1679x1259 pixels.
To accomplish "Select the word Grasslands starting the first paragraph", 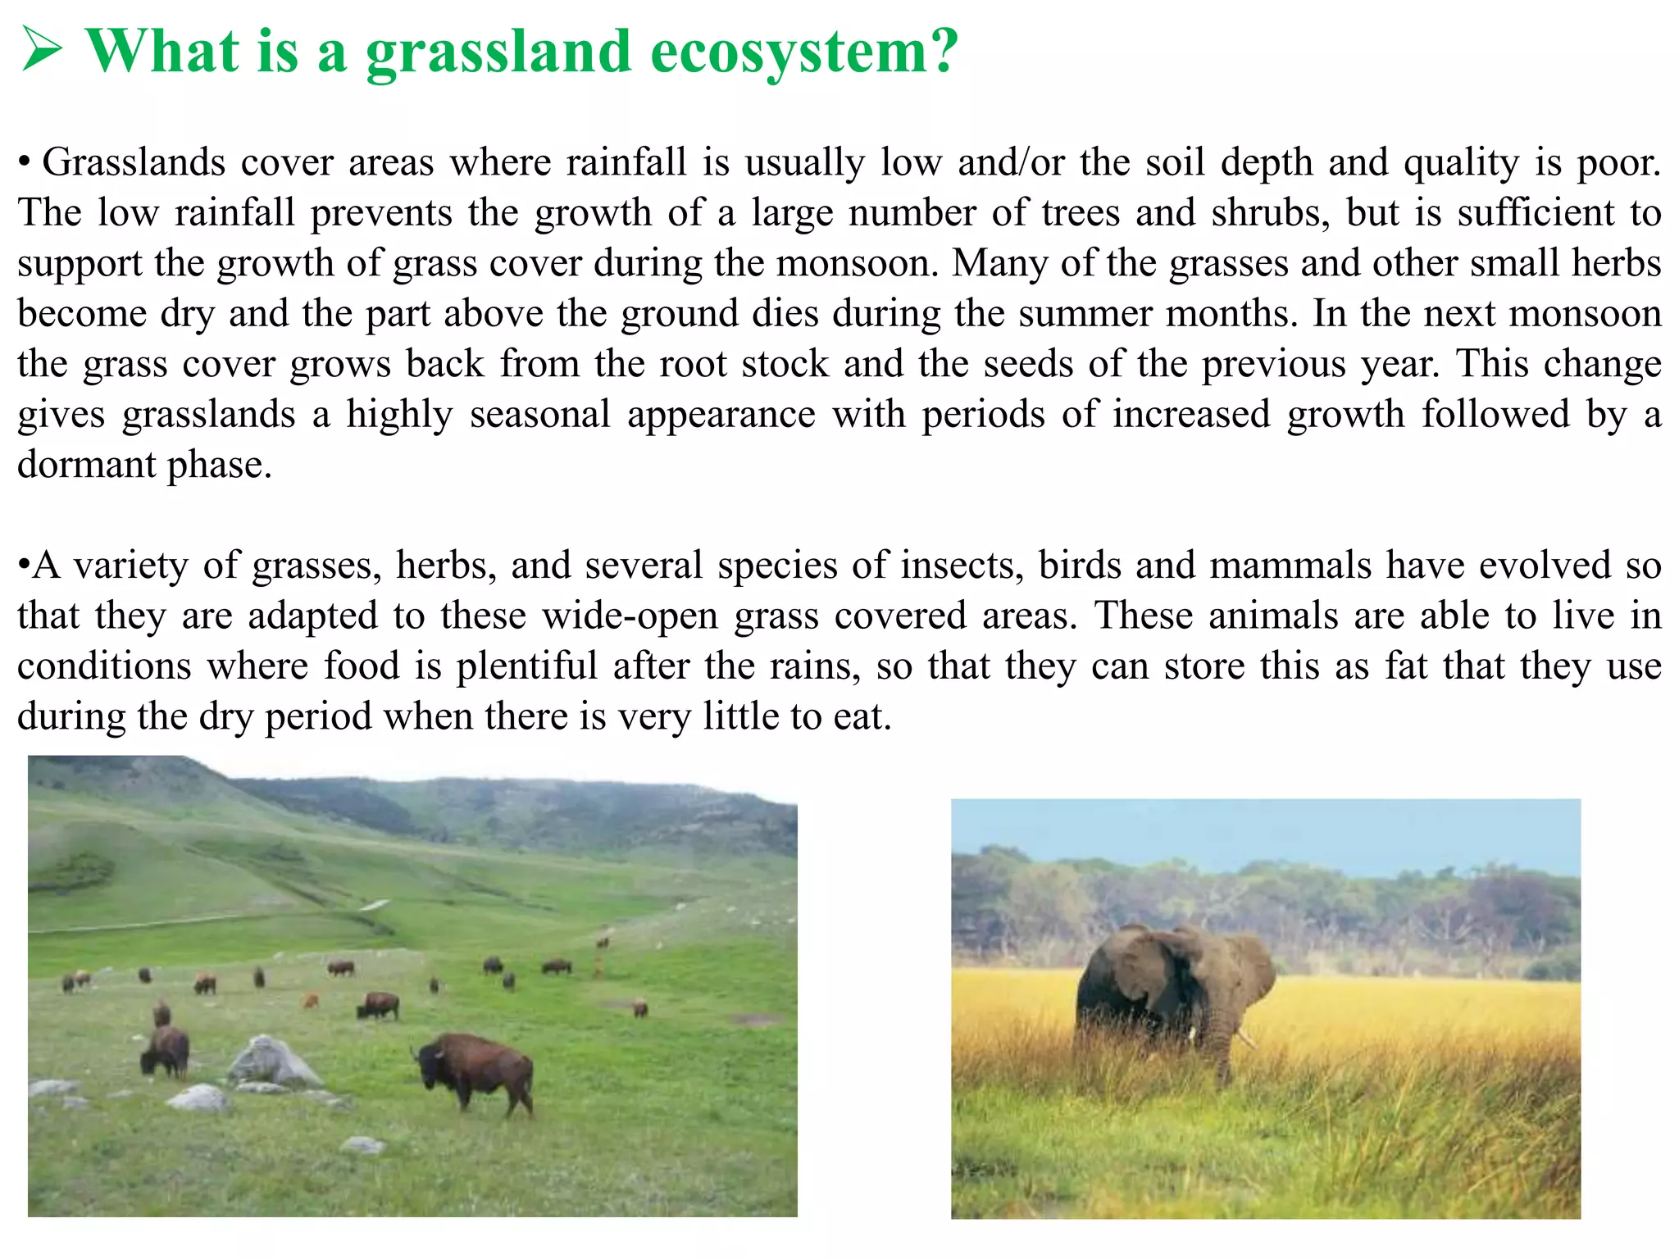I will click(134, 162).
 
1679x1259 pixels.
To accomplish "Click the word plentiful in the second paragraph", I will click(527, 666).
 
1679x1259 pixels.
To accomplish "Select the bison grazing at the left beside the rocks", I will click(166, 1051).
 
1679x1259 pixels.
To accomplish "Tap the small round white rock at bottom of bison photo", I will click(362, 1144).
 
